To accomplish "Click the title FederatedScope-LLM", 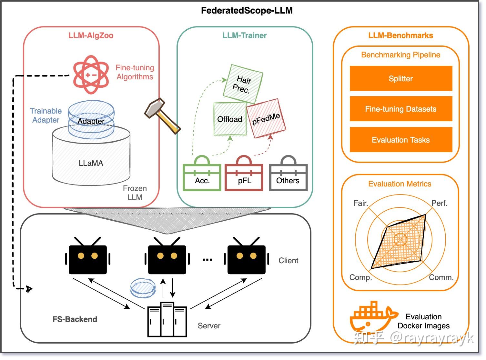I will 247,11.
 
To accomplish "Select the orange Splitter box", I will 401,79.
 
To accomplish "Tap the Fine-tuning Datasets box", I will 401,109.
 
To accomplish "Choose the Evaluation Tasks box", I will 401,140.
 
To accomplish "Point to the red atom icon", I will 91,75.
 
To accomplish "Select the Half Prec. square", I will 242,84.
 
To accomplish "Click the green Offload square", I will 230,119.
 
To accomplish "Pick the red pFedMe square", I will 266,118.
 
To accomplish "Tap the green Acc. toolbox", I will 202,176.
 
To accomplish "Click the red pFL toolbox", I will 244,176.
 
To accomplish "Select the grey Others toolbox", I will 288,176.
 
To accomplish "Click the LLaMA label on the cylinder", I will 91,163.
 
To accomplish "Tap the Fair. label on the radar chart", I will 360,203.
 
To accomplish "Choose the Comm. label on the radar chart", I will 441,277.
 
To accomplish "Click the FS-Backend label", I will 75,319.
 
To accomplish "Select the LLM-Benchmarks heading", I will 400,35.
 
